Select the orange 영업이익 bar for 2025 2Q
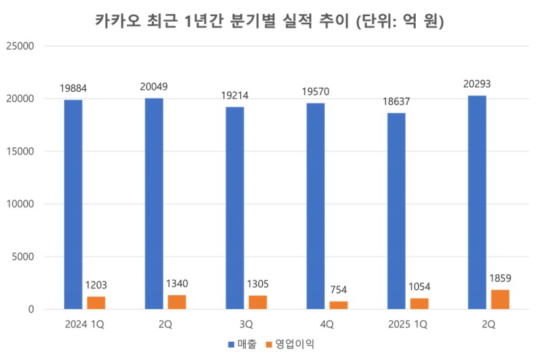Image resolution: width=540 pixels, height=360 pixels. point(500,299)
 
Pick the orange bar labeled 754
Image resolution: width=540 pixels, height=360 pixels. point(338,305)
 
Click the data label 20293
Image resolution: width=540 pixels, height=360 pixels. point(477,84)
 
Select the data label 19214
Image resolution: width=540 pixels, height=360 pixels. point(234,95)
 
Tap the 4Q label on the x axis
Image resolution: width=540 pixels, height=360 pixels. point(327,324)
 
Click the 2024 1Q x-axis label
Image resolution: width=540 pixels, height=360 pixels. point(84,324)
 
